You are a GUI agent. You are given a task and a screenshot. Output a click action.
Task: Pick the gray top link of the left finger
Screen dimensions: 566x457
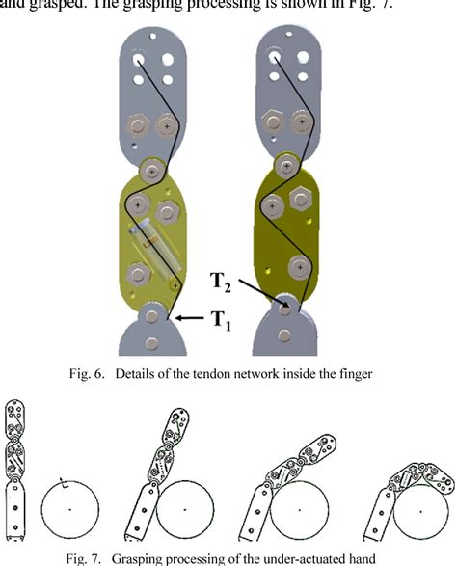click(x=153, y=92)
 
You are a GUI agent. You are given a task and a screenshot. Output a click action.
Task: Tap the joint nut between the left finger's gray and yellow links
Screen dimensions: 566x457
click(x=151, y=170)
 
